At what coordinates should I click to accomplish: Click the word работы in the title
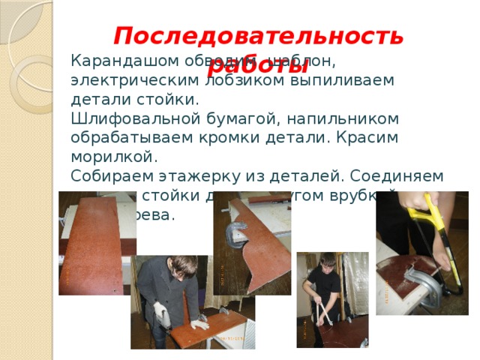tap(269, 65)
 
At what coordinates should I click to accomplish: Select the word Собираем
tap(112, 176)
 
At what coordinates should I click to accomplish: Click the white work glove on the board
tap(199, 325)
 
